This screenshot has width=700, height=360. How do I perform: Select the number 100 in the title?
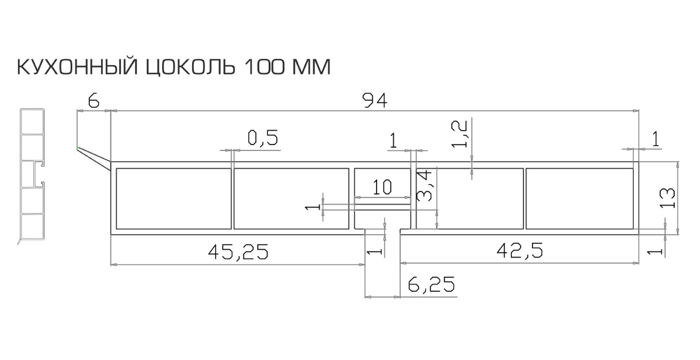click(x=264, y=67)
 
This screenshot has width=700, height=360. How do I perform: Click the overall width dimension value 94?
click(x=374, y=101)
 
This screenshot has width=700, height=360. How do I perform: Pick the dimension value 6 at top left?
click(x=93, y=101)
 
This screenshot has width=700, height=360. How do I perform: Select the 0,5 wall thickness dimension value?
click(x=263, y=138)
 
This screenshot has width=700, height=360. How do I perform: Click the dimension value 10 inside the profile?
click(x=381, y=187)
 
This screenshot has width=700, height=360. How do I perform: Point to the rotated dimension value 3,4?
click(x=425, y=185)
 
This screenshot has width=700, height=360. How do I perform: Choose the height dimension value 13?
click(x=666, y=198)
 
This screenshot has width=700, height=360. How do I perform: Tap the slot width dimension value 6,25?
click(x=431, y=284)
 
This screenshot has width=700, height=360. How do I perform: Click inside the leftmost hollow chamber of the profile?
click(x=173, y=199)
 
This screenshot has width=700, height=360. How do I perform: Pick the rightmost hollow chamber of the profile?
click(x=579, y=199)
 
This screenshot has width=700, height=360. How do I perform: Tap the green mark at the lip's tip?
click(x=77, y=147)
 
